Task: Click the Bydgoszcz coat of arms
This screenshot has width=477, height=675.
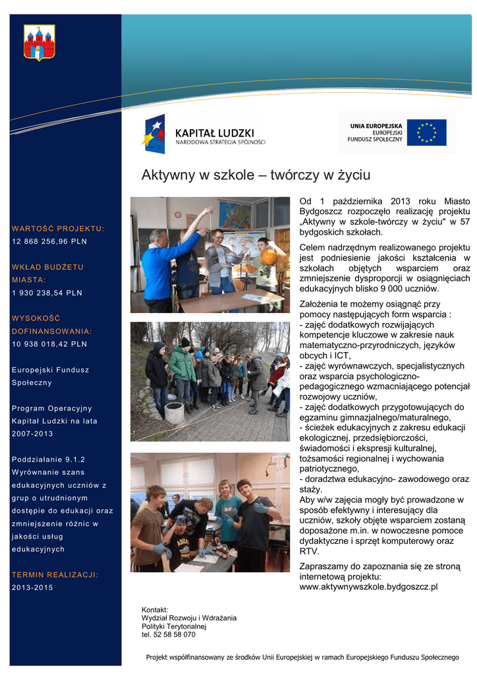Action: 39,42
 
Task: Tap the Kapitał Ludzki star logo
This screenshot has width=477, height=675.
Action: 154,133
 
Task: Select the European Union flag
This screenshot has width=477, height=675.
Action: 426,132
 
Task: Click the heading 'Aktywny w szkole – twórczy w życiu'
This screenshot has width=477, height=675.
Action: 256,175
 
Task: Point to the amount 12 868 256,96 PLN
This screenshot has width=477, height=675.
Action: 49,241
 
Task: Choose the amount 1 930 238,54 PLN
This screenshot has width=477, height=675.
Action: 47,293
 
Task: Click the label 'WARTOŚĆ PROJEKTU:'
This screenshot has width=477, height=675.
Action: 58,229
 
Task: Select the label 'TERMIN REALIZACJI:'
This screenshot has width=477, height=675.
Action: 55,575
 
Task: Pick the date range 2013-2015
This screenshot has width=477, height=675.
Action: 32,587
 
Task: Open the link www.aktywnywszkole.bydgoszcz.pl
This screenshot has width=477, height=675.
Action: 368,586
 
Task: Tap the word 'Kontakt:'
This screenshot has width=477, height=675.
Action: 155,609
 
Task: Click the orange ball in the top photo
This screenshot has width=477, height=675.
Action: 269,257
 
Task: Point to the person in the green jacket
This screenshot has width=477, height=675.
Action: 182,366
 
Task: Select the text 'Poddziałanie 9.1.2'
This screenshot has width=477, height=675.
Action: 48,459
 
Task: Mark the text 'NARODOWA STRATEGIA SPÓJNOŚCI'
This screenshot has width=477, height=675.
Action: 219,142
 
